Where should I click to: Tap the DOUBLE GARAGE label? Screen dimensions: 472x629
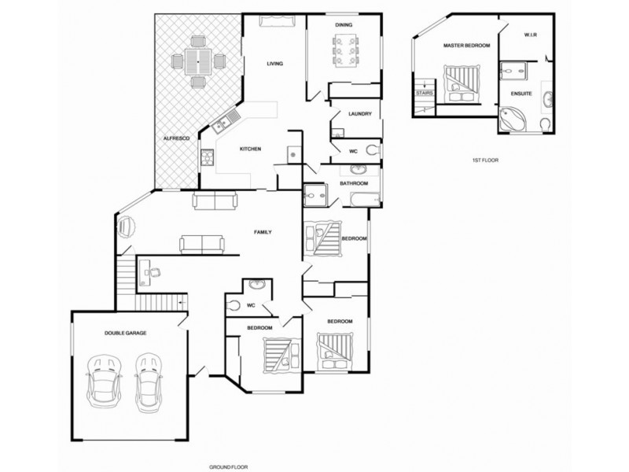(125, 333)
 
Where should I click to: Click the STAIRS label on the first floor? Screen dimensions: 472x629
(425, 93)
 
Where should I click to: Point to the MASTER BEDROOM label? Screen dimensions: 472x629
(466, 46)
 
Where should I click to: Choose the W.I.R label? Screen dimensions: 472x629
(532, 35)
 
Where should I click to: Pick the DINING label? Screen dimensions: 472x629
(344, 25)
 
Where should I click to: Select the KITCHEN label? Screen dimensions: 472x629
(250, 149)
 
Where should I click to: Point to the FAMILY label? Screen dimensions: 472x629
(263, 233)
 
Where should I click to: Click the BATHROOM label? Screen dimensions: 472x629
(354, 183)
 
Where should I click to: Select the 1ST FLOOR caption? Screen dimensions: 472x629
(484, 160)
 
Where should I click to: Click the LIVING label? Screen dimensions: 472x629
(274, 64)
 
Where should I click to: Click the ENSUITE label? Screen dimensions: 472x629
(521, 94)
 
